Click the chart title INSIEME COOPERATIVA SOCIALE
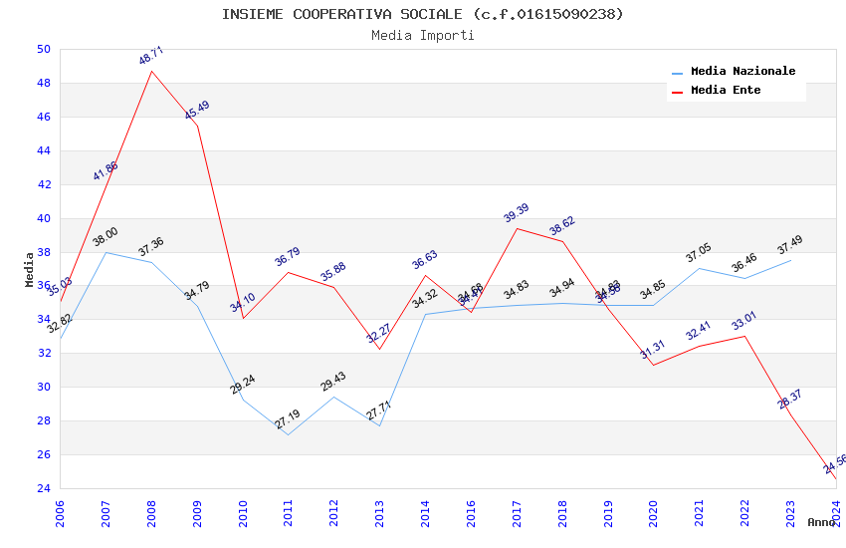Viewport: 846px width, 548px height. [x=423, y=14]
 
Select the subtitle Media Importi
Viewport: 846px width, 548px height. [x=423, y=35]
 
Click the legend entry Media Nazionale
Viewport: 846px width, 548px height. [x=742, y=71]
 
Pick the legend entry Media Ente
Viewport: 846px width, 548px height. [x=726, y=90]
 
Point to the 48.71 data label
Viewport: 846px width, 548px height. [x=151, y=56]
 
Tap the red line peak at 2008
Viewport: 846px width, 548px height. [x=151, y=71]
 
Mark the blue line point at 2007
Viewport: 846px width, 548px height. [x=106, y=252]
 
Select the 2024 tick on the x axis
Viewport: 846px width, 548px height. [x=836, y=512]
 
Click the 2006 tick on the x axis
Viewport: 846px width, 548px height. [x=60, y=512]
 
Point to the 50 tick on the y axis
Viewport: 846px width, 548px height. [x=42, y=49]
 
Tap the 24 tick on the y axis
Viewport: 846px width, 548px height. [x=42, y=488]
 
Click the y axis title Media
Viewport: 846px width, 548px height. [x=29, y=269]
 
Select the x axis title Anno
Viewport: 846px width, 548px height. [x=821, y=522]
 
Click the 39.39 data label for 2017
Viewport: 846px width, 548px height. [x=517, y=214]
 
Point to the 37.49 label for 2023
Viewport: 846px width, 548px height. [x=790, y=245]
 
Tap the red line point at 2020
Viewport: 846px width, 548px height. [x=654, y=365]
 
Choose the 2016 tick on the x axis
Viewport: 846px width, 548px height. [x=471, y=512]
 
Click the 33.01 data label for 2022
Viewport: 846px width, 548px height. [x=744, y=322]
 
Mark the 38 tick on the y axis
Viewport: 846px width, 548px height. [x=42, y=252]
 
